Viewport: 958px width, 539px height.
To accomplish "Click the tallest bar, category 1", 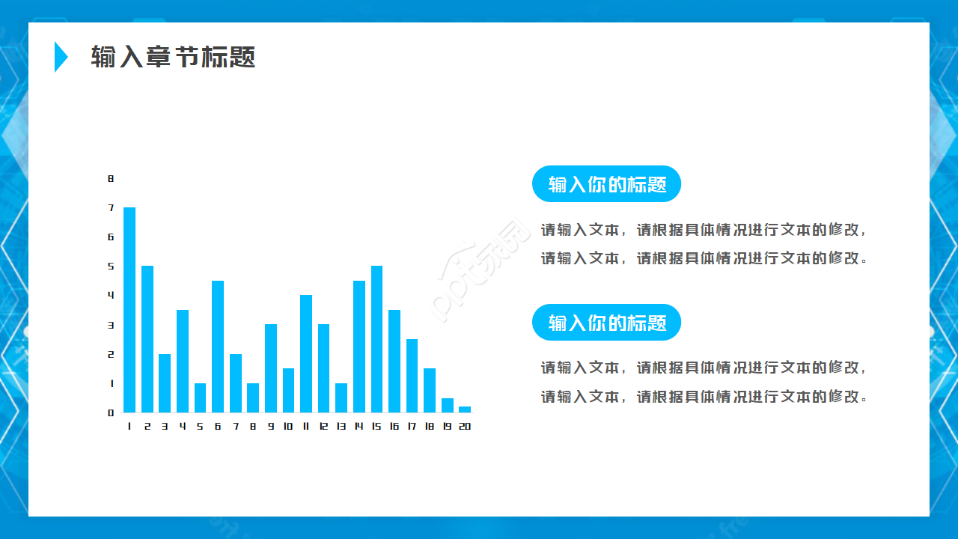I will (x=129, y=310).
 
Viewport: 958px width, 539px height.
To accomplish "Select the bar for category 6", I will (x=218, y=347).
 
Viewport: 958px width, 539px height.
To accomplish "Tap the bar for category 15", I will (x=376, y=339).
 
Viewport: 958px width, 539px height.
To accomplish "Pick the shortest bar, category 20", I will (x=465, y=409).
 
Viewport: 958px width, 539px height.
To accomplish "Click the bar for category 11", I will (x=306, y=353).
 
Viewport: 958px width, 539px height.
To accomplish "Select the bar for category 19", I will (x=447, y=405).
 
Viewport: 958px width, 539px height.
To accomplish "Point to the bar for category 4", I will (x=183, y=361).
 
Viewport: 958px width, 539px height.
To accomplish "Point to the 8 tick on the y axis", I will (x=111, y=178).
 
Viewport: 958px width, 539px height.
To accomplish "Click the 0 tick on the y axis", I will (x=111, y=412).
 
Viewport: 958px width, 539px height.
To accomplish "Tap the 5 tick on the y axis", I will (x=111, y=266).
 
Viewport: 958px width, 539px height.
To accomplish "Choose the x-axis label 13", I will (x=341, y=426).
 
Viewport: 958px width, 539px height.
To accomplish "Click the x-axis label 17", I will (x=412, y=426).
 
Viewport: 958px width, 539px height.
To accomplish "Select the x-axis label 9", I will (x=270, y=426).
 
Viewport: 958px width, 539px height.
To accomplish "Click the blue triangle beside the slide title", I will (x=61, y=57).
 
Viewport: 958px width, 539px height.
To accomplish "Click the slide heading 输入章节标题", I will (x=173, y=57).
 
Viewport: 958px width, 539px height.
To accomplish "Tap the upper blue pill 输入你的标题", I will (x=606, y=184).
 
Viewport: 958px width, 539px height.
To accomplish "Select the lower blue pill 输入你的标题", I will (x=606, y=323).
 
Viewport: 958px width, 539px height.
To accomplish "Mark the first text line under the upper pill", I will (x=704, y=230).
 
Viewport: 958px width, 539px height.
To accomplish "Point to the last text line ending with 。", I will (x=704, y=396).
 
